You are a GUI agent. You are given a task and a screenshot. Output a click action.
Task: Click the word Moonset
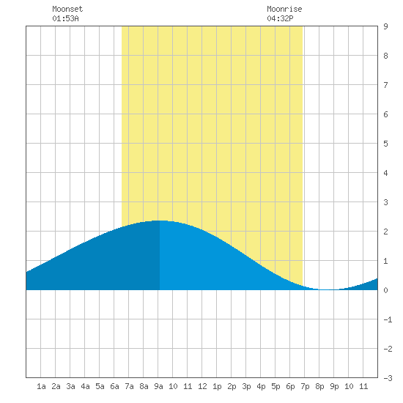(x=67, y=9)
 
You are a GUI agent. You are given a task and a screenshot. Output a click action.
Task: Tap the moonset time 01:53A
(x=65, y=18)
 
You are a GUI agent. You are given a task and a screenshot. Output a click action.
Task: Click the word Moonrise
(x=284, y=9)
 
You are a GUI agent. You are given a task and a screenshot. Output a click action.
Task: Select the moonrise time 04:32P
(x=280, y=18)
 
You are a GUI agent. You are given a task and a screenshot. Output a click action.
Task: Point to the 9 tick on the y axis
(x=385, y=26)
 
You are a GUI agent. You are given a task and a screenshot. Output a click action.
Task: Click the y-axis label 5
(x=385, y=144)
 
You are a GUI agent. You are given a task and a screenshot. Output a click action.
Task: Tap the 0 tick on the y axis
(x=385, y=290)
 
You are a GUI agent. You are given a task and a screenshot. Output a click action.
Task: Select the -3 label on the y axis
(x=388, y=378)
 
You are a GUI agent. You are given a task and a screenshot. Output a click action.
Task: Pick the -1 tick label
(x=388, y=319)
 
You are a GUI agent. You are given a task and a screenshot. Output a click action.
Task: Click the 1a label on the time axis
(x=41, y=386)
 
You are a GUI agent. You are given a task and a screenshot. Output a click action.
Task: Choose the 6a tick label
(x=114, y=386)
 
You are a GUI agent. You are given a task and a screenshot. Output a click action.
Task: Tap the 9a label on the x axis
(x=158, y=386)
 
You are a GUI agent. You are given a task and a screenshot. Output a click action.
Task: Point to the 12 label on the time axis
(x=202, y=386)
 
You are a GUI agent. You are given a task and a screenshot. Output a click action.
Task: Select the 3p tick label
(x=246, y=386)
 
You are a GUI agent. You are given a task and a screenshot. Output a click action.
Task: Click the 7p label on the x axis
(x=305, y=386)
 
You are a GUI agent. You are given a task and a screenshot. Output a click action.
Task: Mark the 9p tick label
(x=334, y=386)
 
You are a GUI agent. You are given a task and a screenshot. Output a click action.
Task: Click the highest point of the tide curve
(x=160, y=221)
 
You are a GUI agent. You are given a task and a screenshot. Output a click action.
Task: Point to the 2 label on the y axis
(x=385, y=232)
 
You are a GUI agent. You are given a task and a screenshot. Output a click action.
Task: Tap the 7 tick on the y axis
(x=385, y=85)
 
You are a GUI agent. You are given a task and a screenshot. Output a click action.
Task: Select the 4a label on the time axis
(x=85, y=386)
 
